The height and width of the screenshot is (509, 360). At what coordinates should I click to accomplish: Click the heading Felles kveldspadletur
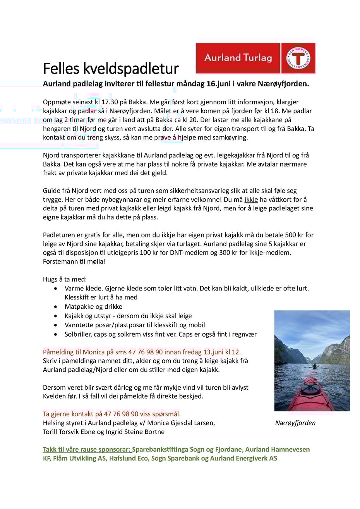coord(111,69)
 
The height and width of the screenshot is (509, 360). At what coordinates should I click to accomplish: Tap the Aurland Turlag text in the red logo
coord(238,58)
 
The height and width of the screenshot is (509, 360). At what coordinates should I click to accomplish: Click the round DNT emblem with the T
coord(298,58)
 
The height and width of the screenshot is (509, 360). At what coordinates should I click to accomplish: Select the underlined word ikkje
coord(251,199)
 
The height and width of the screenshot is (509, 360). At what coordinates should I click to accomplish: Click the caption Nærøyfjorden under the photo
coord(295,423)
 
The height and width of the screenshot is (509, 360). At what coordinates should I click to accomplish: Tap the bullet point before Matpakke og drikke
coord(57,307)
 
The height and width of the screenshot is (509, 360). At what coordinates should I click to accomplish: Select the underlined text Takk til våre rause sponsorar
coord(87,450)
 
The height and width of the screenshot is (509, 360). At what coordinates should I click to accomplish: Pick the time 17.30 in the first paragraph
coord(109,102)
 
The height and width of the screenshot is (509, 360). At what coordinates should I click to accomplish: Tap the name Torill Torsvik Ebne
coord(70,432)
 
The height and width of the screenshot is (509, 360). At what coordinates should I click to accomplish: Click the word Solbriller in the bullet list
coord(78,334)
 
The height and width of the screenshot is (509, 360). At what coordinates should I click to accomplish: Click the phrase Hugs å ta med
coord(65,279)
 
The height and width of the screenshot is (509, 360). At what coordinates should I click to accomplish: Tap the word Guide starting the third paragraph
coord(51,191)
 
